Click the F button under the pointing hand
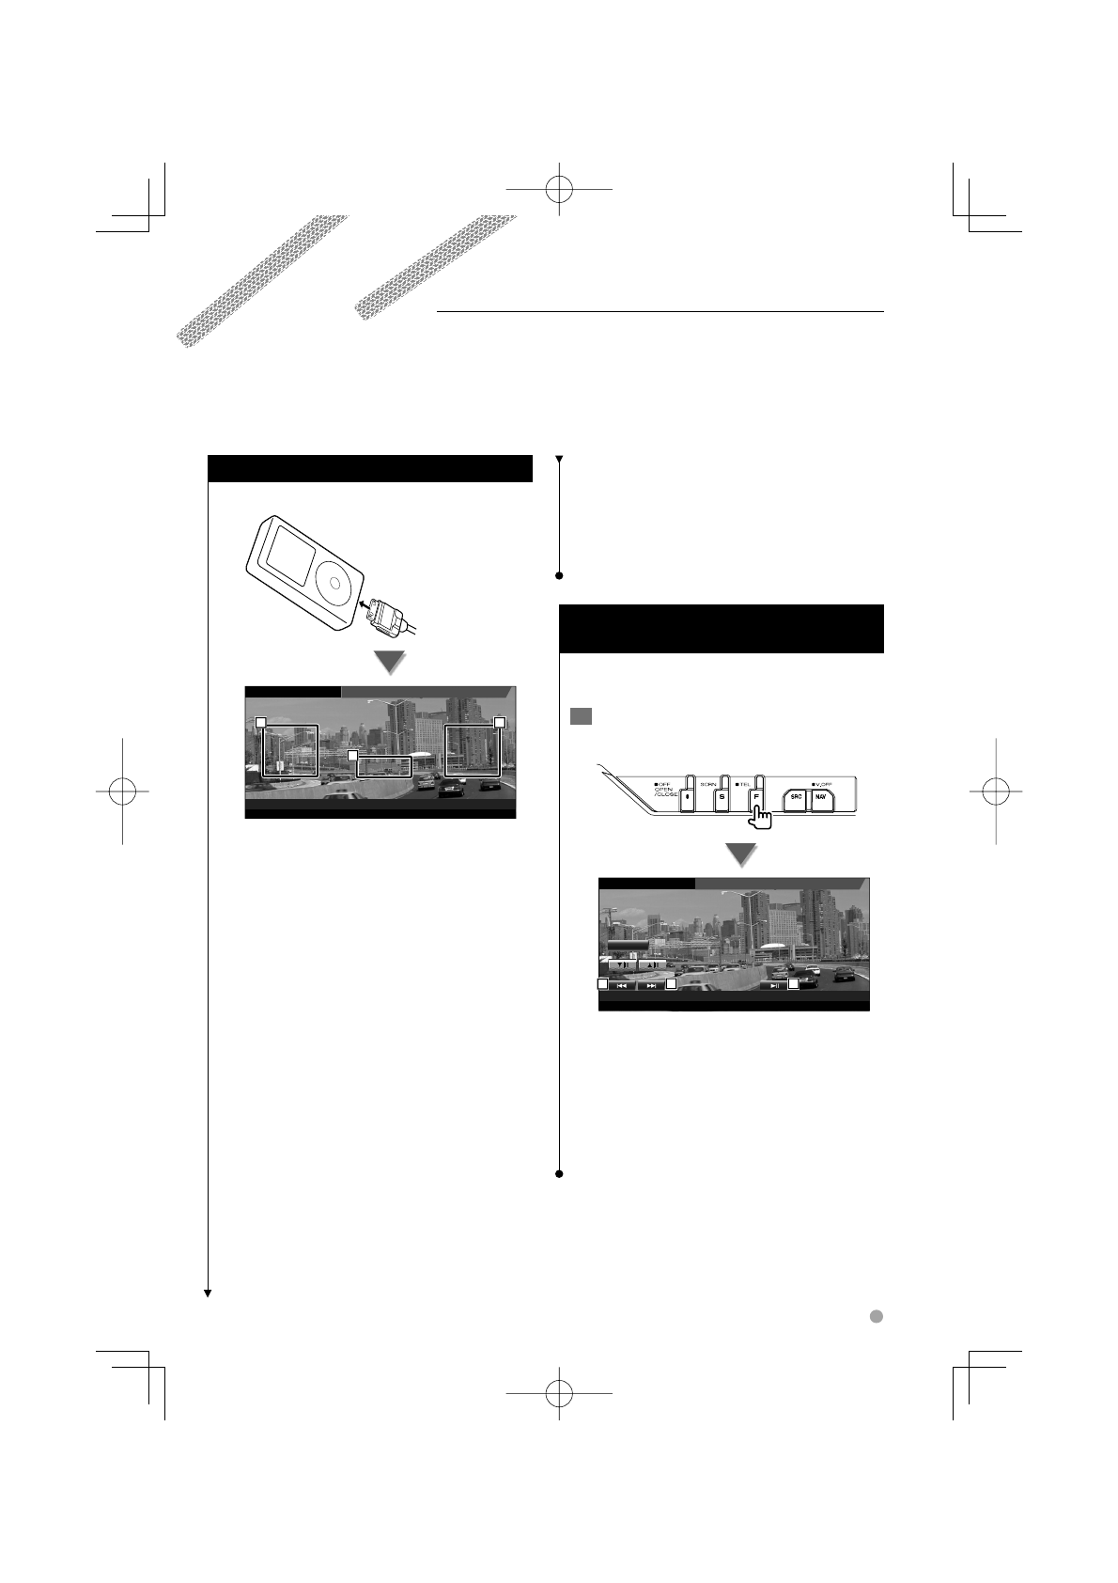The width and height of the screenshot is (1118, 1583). click(x=754, y=795)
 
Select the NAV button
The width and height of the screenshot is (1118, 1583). click(x=820, y=795)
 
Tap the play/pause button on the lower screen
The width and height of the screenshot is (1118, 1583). click(x=773, y=986)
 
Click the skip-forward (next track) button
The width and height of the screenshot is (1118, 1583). click(x=651, y=986)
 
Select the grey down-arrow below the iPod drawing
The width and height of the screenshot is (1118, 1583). click(x=390, y=663)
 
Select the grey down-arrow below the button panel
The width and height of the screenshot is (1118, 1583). click(x=742, y=854)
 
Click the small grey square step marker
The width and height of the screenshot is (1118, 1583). click(x=580, y=715)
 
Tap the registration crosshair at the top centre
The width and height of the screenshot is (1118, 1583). click(x=559, y=188)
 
